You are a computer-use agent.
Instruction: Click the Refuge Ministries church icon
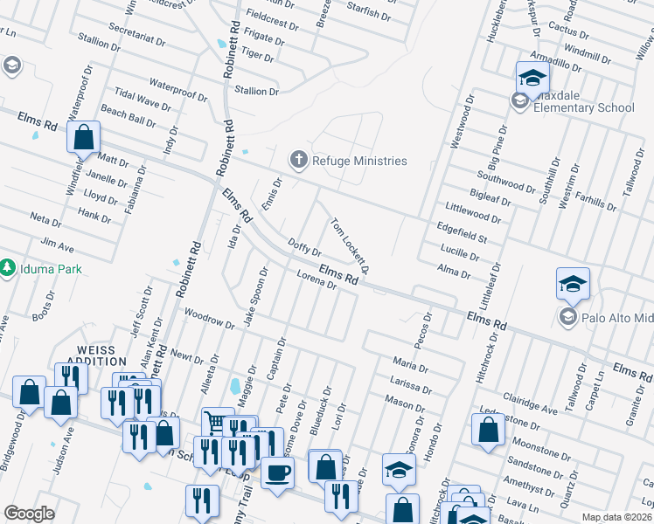[x=298, y=160]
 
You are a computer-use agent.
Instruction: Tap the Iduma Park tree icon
[x=9, y=266]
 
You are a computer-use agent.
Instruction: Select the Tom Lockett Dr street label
[x=351, y=245]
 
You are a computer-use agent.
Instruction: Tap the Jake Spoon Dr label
[x=254, y=300]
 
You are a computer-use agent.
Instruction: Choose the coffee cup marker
[x=277, y=472]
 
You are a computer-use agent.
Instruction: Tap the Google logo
[x=29, y=514]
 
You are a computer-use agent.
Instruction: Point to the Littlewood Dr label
[x=472, y=210]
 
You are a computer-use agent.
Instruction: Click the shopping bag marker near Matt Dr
[x=83, y=136]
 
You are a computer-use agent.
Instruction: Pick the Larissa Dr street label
[x=412, y=385]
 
